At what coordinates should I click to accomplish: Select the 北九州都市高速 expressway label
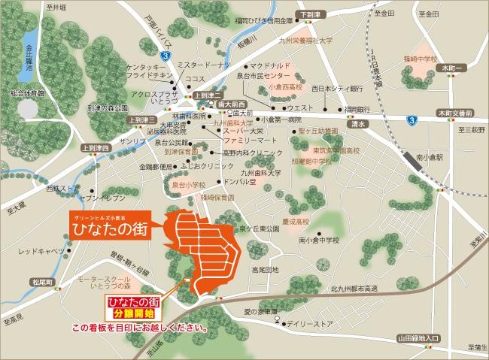coord(357,288)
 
